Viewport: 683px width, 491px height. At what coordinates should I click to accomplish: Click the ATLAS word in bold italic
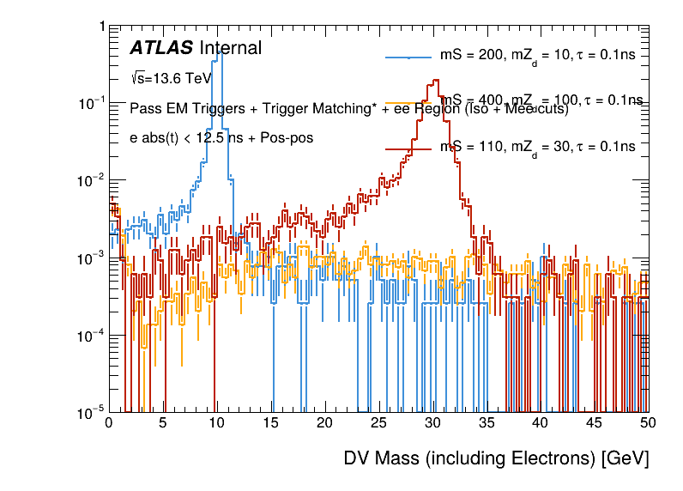pos(161,49)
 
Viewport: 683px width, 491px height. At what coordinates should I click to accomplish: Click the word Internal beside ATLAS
pos(230,49)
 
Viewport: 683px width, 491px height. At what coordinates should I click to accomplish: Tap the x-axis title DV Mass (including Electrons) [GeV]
pos(496,459)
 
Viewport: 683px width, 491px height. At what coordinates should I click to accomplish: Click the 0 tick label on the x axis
pos(109,423)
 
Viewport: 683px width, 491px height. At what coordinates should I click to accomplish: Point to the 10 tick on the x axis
pos(216,423)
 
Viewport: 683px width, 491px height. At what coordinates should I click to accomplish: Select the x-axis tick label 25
pos(378,423)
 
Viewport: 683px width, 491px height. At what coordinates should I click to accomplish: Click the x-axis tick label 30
pos(432,423)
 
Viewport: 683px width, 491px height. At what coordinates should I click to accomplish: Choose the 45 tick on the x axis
pos(595,423)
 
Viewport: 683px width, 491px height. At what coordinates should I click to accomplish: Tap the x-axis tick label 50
pos(648,423)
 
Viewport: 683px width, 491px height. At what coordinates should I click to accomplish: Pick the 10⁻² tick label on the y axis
pos(93,180)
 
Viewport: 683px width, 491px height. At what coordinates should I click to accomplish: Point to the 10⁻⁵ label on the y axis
pos(93,413)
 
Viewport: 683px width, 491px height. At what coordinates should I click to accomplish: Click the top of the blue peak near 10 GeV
pos(221,52)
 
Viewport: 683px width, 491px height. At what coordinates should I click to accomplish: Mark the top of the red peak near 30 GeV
pos(436,81)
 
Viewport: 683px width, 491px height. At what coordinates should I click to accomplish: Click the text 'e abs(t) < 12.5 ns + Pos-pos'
pos(221,137)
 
